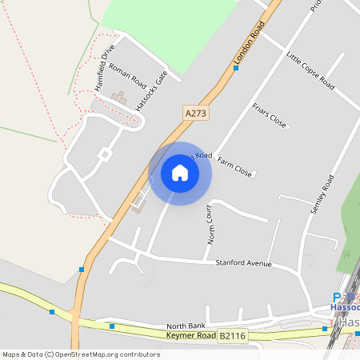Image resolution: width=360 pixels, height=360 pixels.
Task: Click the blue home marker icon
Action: [180, 173]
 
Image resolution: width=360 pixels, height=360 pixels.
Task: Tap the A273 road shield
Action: [195, 114]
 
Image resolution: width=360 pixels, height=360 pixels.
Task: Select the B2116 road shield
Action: [234, 337]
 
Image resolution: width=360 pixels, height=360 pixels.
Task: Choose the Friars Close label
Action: [269, 115]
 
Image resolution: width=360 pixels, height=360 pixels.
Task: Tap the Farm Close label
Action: [234, 168]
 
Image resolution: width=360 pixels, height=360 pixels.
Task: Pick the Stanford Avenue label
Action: [243, 263]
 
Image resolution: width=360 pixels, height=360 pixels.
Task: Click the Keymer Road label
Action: [191, 335]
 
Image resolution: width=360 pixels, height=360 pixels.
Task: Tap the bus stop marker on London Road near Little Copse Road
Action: [236, 68]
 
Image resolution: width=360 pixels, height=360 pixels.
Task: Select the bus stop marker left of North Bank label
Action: [112, 326]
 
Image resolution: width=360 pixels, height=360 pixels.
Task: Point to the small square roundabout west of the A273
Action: [104, 154]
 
